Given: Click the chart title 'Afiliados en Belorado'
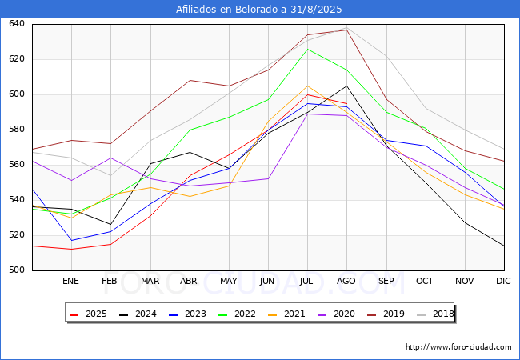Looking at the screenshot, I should pos(259,10).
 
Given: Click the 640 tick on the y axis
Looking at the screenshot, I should pos(17,24).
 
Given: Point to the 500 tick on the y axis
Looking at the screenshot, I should pos(17,270).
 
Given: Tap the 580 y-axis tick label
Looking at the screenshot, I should pos(17,130).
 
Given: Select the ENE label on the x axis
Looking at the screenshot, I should pos(71,282).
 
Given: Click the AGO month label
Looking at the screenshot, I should pos(346,282).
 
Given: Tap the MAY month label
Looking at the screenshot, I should pos(229,282).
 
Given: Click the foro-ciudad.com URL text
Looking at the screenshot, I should pos(458,347).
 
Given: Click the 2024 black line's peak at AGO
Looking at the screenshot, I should pos(346,86).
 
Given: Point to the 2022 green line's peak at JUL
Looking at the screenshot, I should pos(307,49).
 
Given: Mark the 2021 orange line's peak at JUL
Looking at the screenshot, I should pos(307,86).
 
